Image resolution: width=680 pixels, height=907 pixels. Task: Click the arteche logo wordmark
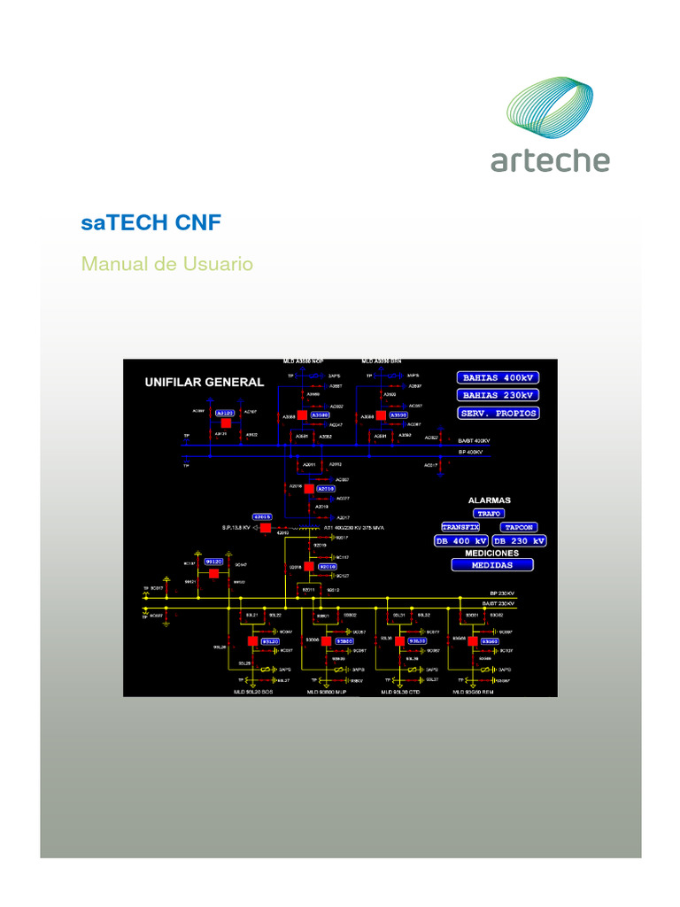(x=550, y=159)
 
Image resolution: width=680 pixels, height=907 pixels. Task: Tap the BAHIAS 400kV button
(x=498, y=377)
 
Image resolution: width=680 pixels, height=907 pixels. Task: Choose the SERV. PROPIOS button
(x=498, y=413)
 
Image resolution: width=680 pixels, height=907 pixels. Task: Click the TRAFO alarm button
(x=489, y=513)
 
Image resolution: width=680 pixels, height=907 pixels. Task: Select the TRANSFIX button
(x=460, y=526)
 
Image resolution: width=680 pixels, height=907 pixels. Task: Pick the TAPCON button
(x=520, y=526)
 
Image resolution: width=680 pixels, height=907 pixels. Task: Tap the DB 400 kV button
(x=460, y=540)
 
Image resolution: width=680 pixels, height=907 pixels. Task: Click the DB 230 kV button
(x=519, y=540)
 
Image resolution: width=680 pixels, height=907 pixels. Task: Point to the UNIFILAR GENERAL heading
(x=204, y=383)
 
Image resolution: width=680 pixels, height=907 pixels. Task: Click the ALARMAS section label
(x=490, y=500)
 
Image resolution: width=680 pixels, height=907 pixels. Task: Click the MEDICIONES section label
(x=492, y=553)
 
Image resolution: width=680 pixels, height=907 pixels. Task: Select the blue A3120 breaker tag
(x=226, y=413)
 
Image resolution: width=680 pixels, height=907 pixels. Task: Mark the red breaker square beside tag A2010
(x=308, y=488)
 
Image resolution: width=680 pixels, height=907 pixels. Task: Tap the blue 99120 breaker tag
(x=214, y=562)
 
